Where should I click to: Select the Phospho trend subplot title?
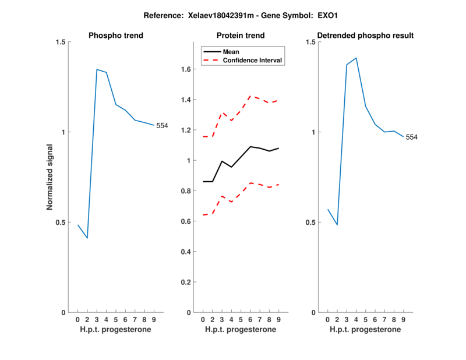point(116,36)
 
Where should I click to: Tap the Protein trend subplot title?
point(241,36)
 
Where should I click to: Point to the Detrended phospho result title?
point(365,36)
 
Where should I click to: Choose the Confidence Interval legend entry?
point(253,60)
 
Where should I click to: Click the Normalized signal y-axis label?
point(50,178)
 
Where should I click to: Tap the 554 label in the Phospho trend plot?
point(162,125)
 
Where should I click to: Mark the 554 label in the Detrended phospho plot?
point(412,137)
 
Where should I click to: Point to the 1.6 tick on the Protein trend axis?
point(186,70)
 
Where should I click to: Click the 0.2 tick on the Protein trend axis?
point(186,283)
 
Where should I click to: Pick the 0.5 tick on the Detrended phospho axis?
point(312,223)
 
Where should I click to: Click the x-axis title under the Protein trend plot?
point(241,330)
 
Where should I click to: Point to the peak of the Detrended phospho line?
point(356,58)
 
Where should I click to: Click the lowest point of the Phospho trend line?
point(87,238)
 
